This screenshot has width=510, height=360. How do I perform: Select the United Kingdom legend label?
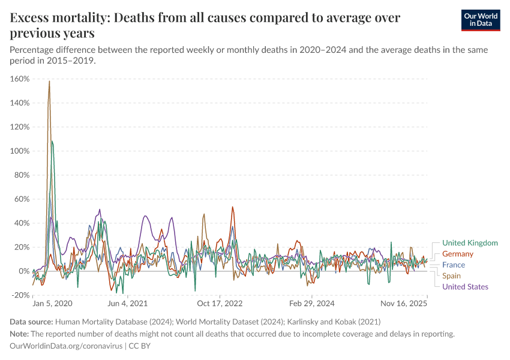tap(470, 243)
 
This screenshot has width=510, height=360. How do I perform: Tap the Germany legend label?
tap(457, 254)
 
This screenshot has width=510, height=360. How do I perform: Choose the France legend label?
tap(454, 265)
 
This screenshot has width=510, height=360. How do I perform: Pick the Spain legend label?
tap(452, 276)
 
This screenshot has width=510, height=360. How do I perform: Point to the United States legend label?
tap(465, 287)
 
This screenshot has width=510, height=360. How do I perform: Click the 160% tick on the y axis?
tap(20, 79)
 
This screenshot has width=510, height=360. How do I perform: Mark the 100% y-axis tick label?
tap(20, 151)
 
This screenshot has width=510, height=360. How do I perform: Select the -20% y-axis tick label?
tap(20, 295)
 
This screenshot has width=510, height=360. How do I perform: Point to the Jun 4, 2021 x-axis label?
tap(127, 304)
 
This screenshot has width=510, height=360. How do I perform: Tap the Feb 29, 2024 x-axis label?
tap(311, 304)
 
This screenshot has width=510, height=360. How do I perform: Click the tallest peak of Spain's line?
tap(49, 81)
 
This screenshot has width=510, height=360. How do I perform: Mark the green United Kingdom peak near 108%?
tap(52, 141)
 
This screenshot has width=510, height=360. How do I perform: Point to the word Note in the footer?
tap(19, 334)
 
